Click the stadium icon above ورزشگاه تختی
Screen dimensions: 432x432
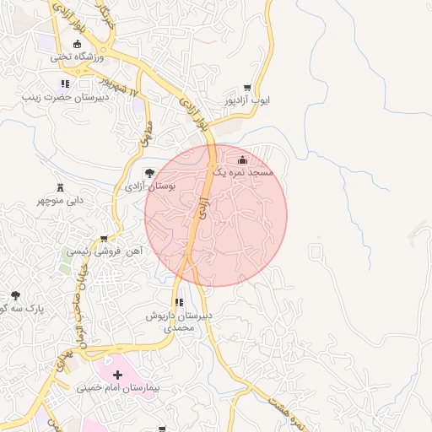click(78, 44)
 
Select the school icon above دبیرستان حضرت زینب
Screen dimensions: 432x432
click(65, 84)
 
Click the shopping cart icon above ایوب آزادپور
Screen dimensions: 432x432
click(247, 87)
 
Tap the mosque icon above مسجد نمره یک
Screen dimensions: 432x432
click(244, 159)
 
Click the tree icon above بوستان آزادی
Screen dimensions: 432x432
click(150, 173)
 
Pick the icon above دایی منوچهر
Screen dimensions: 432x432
click(59, 187)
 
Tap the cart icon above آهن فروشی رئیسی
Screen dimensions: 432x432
click(104, 239)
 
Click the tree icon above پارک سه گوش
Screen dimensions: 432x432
click(14, 295)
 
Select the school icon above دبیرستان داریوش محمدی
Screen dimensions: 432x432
click(178, 302)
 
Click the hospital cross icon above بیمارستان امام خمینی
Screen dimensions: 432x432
click(117, 373)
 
